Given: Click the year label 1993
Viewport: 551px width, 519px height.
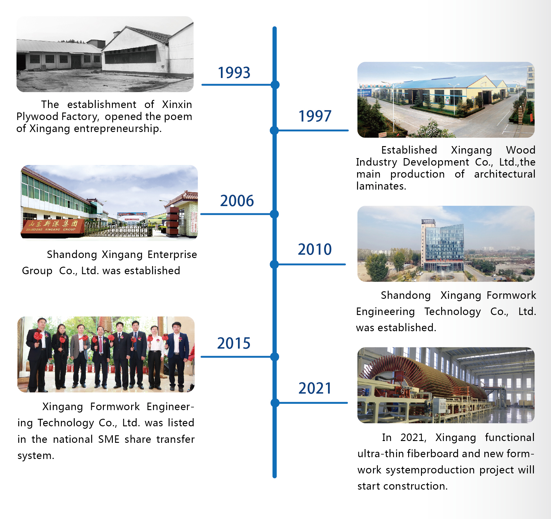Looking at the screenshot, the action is click(x=234, y=73).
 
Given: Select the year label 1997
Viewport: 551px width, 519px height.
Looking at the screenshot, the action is click(x=315, y=116).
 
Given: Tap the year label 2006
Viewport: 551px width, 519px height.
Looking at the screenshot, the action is click(x=237, y=201).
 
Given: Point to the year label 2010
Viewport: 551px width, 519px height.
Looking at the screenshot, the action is click(x=315, y=249).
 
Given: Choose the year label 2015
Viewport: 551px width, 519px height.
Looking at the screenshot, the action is click(x=234, y=343).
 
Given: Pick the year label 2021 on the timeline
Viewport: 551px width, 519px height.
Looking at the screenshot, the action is click(x=315, y=388).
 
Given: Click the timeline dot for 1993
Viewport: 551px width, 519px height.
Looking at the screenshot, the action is click(x=275, y=85).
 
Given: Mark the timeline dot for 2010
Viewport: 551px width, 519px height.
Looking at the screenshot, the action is click(x=274, y=264).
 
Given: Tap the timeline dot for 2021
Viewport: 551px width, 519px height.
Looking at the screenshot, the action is click(x=275, y=403).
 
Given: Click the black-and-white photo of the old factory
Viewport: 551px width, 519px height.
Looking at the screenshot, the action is click(x=105, y=54).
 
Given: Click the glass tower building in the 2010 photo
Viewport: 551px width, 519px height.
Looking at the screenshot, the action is click(x=443, y=246).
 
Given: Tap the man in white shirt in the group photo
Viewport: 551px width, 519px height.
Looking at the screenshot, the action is click(x=155, y=357).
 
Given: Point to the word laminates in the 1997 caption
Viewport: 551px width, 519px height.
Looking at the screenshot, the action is click(x=381, y=186).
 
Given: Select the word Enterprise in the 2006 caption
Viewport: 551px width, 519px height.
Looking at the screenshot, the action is click(x=172, y=254).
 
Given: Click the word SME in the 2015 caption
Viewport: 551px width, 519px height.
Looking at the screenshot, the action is click(x=109, y=439).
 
